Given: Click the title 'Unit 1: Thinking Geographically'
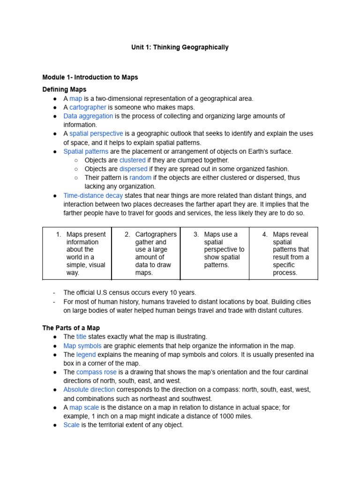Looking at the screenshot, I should pos(180,47).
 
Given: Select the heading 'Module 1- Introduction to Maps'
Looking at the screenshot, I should pos(90,77).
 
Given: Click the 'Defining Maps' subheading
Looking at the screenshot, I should pos(64,89).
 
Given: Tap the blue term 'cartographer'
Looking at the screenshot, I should pos(88,107).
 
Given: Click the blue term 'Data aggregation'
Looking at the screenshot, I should pos(88,116).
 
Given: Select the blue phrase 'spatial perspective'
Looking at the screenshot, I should pos(96,134).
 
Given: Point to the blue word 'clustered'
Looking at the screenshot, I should pos(132,160).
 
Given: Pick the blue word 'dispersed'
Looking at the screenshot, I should pos(133,169).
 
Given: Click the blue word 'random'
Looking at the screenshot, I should pos(140,178).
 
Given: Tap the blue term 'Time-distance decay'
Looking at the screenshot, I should pos(93,195).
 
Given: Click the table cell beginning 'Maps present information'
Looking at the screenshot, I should pos(77,253).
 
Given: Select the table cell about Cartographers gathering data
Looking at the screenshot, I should pos(146,253).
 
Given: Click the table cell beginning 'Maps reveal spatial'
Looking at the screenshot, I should pos(284,253).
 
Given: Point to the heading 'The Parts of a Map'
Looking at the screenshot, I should pos(71,328).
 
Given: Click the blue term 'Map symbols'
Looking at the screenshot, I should pos(82,345).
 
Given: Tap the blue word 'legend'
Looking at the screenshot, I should pos(86,354).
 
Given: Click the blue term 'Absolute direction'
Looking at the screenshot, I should pos(89,390).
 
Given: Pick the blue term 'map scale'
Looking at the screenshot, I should pos(84,407).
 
